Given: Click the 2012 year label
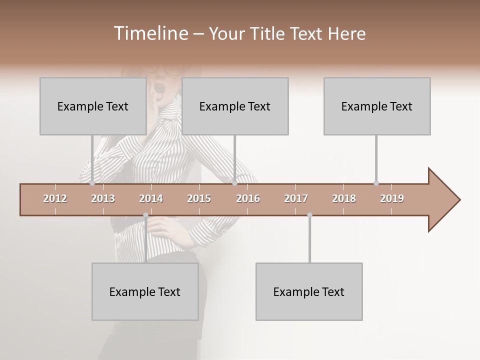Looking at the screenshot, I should (55, 198).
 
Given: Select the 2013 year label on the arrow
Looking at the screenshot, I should (103, 198).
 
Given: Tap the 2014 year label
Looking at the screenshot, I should (151, 198).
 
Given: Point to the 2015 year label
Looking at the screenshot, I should (199, 198).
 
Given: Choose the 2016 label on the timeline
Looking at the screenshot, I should (248, 198).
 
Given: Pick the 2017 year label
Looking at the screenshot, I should (296, 198).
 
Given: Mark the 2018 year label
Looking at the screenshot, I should (344, 198).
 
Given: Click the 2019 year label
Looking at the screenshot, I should (392, 198).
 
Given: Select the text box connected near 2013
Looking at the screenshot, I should (92, 106).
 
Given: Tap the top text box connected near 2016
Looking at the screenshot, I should (234, 106).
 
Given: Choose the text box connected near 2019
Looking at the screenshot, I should (376, 106).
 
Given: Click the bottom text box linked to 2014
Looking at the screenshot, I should (144, 291).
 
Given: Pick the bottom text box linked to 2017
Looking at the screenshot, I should (308, 291).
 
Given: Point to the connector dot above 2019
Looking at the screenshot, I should (376, 183).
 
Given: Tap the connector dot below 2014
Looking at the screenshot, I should (145, 215).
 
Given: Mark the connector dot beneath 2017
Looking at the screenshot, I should (309, 215).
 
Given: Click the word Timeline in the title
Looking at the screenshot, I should (150, 33).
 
